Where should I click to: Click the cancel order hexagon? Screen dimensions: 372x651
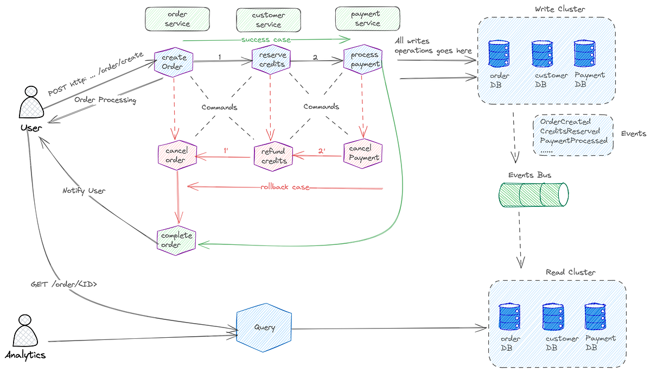click(176, 155)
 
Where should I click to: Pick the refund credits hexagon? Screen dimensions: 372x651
click(274, 156)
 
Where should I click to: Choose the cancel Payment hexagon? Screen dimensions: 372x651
click(363, 154)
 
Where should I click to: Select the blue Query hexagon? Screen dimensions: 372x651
click(264, 327)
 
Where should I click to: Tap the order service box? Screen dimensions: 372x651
click(177, 19)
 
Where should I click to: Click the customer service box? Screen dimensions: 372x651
click(268, 20)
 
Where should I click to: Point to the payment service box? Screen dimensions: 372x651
click(367, 18)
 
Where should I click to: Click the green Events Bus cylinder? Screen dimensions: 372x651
click(533, 194)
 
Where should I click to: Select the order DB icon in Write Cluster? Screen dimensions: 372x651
click(499, 53)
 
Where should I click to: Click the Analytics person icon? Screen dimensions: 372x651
click(25, 333)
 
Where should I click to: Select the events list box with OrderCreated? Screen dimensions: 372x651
click(573, 135)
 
